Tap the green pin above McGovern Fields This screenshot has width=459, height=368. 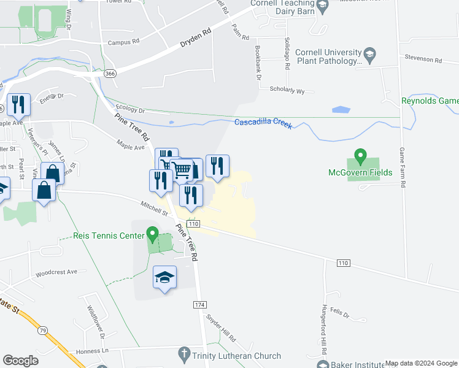pos(361,157)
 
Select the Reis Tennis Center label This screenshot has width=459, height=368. pos(108,236)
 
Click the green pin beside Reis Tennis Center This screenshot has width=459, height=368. pos(152,234)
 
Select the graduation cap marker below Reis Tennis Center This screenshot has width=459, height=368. pos(165,277)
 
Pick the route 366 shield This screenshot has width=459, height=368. pos(110,72)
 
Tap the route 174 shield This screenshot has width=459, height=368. pos(199,304)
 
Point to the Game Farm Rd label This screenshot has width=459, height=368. pos(403,167)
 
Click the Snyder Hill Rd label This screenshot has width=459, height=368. pos(221,329)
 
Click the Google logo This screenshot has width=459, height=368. pos(21,361)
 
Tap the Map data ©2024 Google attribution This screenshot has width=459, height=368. pos(421,363)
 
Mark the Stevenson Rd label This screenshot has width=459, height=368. pos(423,60)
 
